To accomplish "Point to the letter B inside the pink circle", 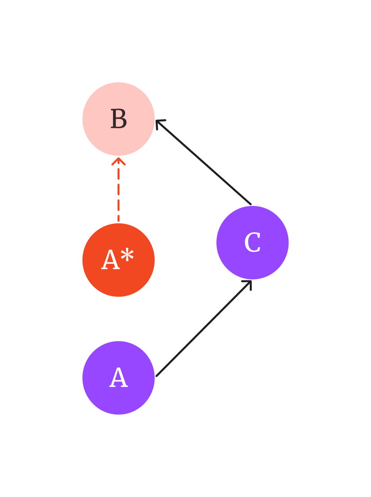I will pos(118,120).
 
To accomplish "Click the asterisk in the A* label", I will pos(127,255).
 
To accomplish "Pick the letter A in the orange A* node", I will pos(110,261).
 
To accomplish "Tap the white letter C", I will pos(253,243).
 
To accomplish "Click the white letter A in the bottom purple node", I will pos(118,378).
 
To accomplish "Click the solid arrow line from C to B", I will pos(203,163).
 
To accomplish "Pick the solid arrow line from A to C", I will pos(203,329).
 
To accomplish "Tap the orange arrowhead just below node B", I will pos(118,160).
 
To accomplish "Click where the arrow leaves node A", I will pos(157,376).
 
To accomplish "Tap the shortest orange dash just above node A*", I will pos(118,219).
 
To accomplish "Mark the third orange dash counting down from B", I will pos(118,205).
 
